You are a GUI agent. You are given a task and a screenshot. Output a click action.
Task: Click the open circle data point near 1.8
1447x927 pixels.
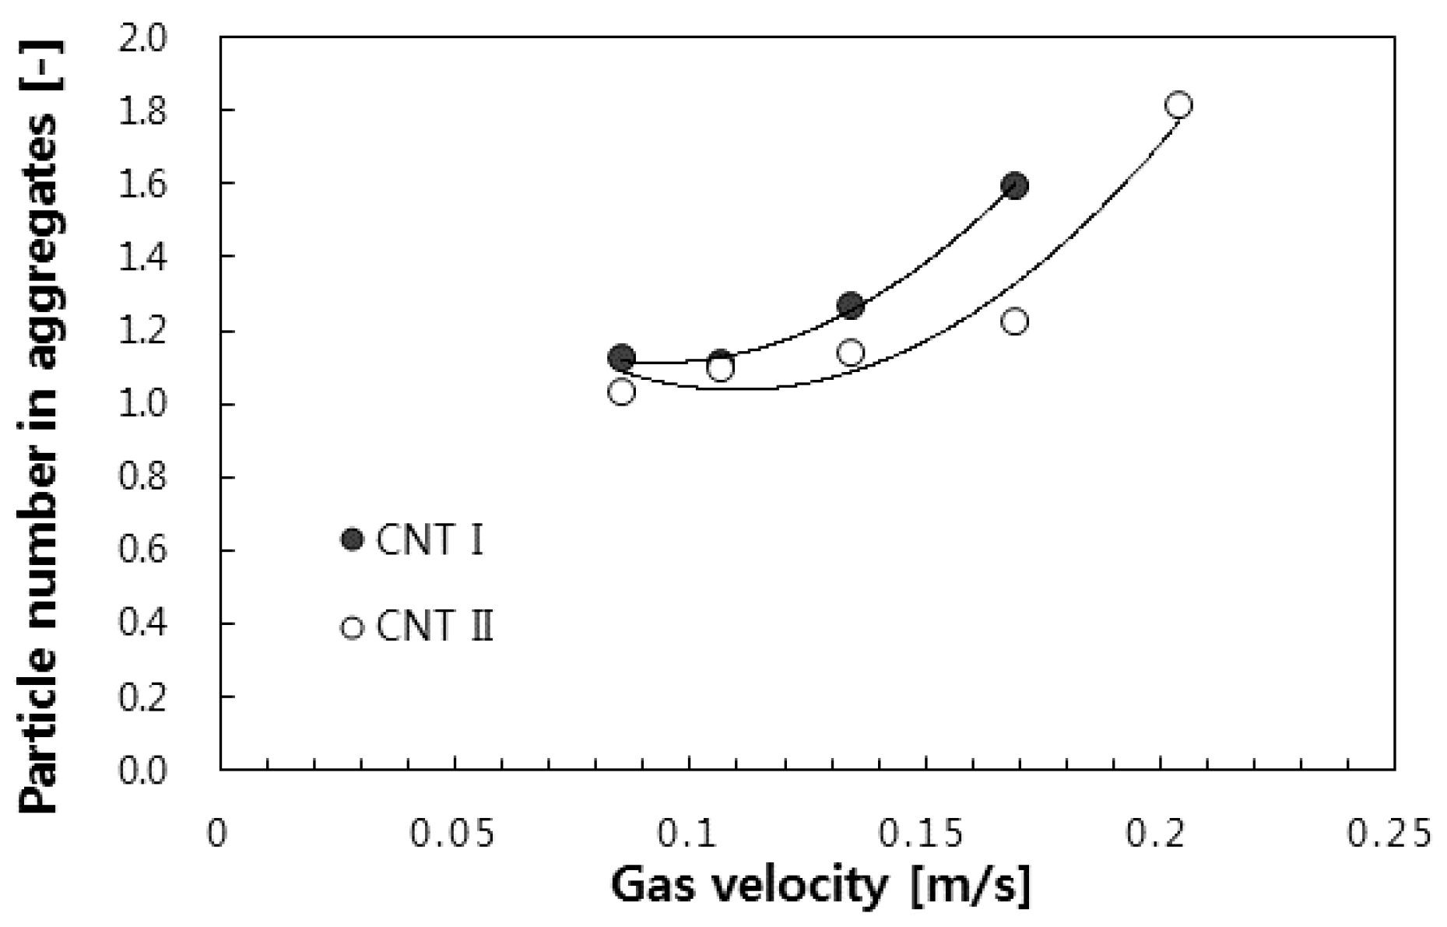[x=1179, y=105]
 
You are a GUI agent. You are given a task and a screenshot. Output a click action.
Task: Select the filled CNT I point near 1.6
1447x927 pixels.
[x=1014, y=185]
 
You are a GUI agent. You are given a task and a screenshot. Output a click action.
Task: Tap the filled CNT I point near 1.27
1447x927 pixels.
[x=851, y=305]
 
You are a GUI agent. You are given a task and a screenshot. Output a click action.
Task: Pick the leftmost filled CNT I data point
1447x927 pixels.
[x=620, y=357]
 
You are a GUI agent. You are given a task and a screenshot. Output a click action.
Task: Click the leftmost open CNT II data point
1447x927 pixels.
[x=620, y=391]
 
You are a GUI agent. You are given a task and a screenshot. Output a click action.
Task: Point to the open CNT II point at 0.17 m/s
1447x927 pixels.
[x=1014, y=321]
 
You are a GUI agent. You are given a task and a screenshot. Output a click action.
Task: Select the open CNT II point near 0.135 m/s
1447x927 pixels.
[x=851, y=353]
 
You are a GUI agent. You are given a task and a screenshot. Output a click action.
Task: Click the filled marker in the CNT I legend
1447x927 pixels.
[x=353, y=539]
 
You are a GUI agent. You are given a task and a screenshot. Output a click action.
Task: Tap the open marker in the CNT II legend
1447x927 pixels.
[x=353, y=627]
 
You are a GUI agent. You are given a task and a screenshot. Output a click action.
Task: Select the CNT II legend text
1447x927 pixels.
[x=434, y=627]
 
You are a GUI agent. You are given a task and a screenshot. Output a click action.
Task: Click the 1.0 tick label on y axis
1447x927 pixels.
[x=142, y=405]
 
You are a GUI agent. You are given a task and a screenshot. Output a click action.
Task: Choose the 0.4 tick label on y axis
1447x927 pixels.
[x=142, y=623]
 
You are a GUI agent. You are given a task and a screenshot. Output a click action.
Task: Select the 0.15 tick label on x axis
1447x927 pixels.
[x=924, y=834]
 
